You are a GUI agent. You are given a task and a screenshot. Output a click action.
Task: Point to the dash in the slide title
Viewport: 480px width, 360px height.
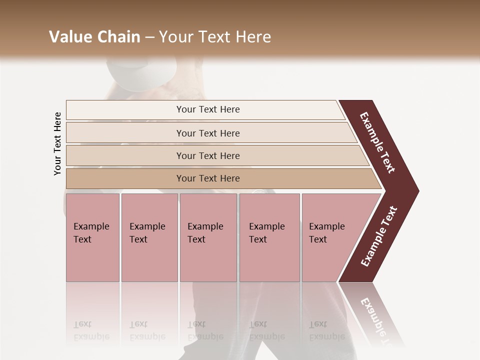(149, 37)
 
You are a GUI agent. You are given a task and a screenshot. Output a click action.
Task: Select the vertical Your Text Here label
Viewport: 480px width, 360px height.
(57, 144)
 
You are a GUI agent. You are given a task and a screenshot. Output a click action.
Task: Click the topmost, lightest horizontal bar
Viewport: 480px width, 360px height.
(207, 109)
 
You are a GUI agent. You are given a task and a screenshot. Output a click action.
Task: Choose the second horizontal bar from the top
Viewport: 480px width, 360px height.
(207, 133)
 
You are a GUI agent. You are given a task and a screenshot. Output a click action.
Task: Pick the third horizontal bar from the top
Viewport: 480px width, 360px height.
(207, 155)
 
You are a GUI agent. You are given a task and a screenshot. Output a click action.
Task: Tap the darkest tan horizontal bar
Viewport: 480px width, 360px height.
(207, 178)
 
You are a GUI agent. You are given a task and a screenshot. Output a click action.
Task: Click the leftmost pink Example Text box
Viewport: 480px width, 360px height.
(92, 237)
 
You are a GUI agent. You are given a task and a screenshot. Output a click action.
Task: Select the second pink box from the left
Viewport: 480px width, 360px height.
(149, 237)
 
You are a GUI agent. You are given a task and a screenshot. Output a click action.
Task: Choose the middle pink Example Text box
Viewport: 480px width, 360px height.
(208, 237)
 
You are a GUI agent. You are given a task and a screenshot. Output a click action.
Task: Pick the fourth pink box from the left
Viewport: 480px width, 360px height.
(269, 237)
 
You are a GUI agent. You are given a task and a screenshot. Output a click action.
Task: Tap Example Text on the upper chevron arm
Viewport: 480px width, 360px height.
(377, 142)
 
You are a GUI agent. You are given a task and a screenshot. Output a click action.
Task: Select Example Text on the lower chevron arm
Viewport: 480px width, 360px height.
(379, 236)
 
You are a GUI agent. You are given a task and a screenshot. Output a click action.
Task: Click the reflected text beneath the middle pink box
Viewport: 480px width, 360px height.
(205, 331)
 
